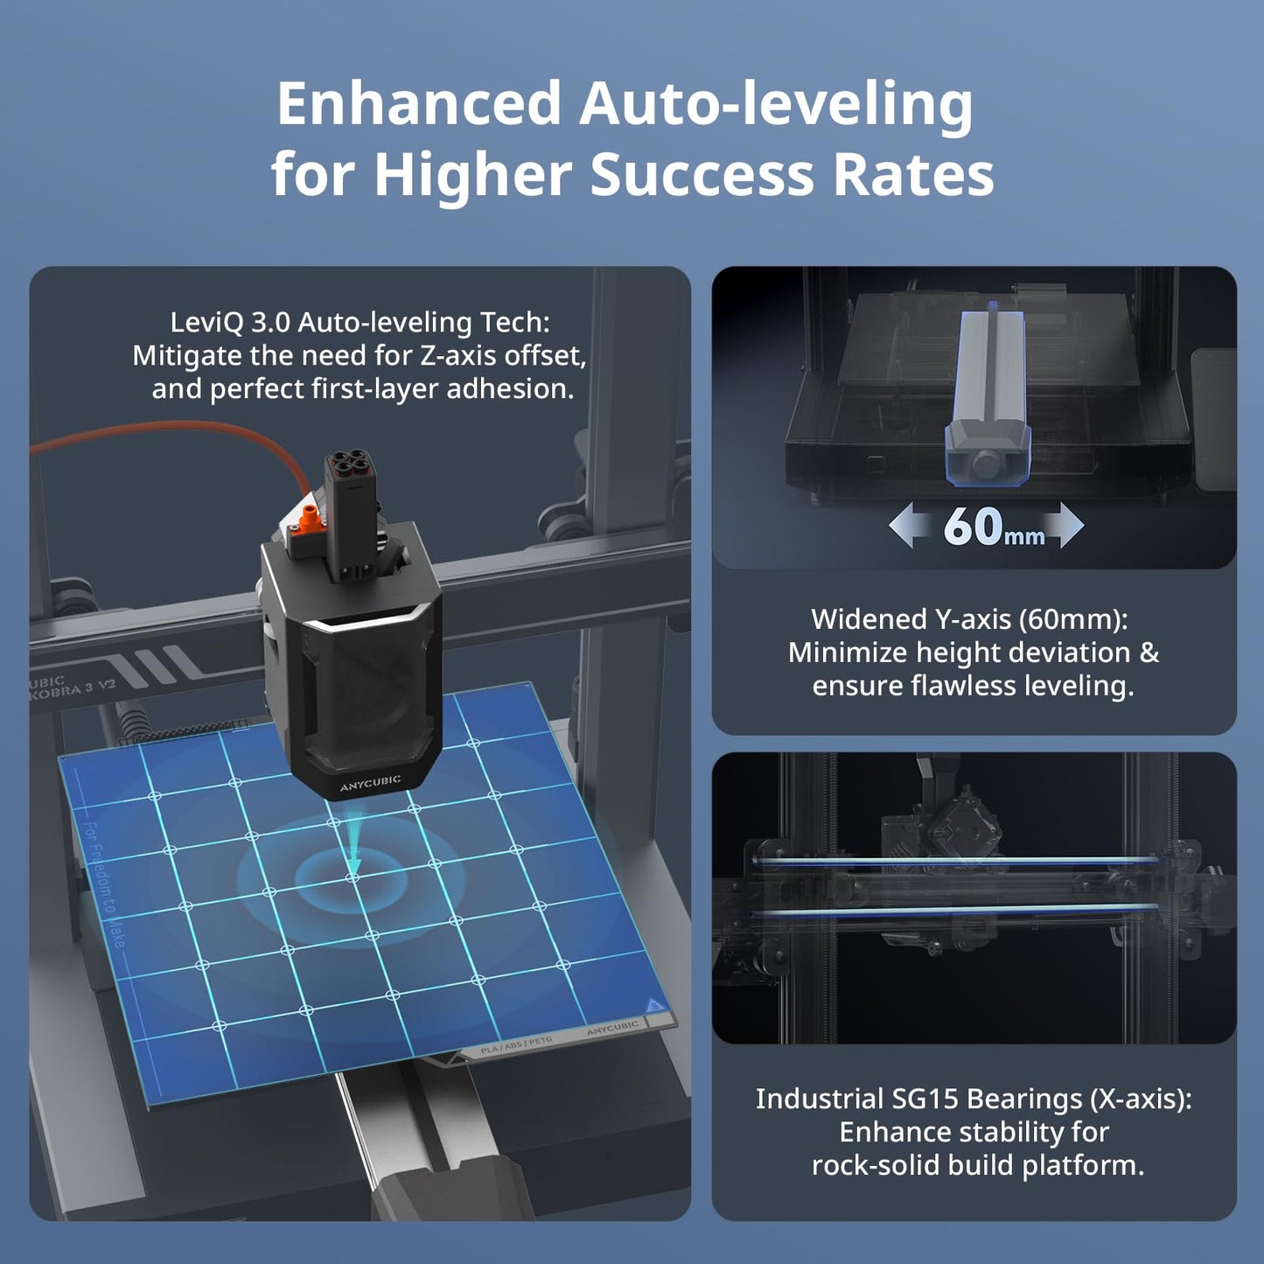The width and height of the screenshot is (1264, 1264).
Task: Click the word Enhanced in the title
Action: pos(418,102)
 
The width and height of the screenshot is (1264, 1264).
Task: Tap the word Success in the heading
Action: pos(702,175)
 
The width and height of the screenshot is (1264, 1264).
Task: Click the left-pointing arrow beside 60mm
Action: pos(911,525)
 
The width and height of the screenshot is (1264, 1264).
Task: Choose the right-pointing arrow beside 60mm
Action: pos(1062,525)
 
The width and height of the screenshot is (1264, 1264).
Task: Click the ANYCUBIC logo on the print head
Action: pos(370,783)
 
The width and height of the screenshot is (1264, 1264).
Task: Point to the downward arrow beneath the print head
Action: pos(353,845)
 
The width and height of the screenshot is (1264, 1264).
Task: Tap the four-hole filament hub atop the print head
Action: pos(348,464)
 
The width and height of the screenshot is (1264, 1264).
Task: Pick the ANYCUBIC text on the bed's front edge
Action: pos(612,1028)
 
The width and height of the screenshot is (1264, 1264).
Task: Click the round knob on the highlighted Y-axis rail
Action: pos(987,464)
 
